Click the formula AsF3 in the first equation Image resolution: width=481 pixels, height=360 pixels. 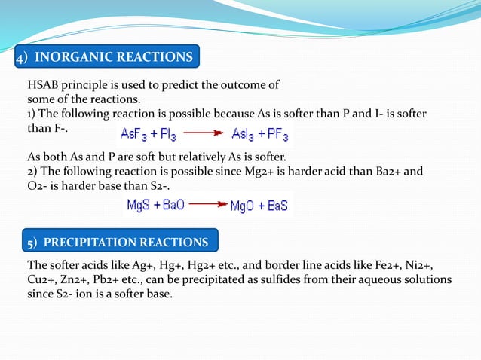pyautogui.click(x=137, y=136)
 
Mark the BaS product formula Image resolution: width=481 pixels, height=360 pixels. pyautogui.click(x=279, y=205)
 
